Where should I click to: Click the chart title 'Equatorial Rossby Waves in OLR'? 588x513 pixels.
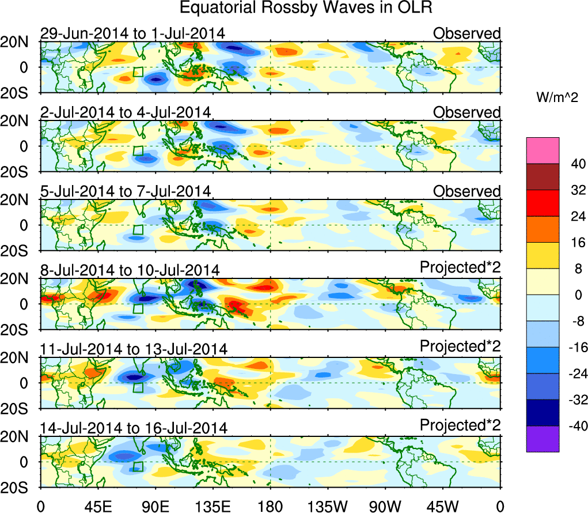(x=306, y=8)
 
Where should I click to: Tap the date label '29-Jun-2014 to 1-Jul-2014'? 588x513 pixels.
(x=132, y=34)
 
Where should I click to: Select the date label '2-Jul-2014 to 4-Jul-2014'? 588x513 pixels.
(x=125, y=112)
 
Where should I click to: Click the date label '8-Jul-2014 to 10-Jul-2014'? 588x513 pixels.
(x=130, y=270)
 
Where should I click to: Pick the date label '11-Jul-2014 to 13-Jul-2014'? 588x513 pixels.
(x=133, y=349)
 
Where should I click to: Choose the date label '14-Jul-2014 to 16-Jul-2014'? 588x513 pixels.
(x=133, y=428)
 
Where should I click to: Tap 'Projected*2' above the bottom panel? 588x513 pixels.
(x=460, y=425)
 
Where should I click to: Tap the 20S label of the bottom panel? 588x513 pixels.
(x=19, y=488)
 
